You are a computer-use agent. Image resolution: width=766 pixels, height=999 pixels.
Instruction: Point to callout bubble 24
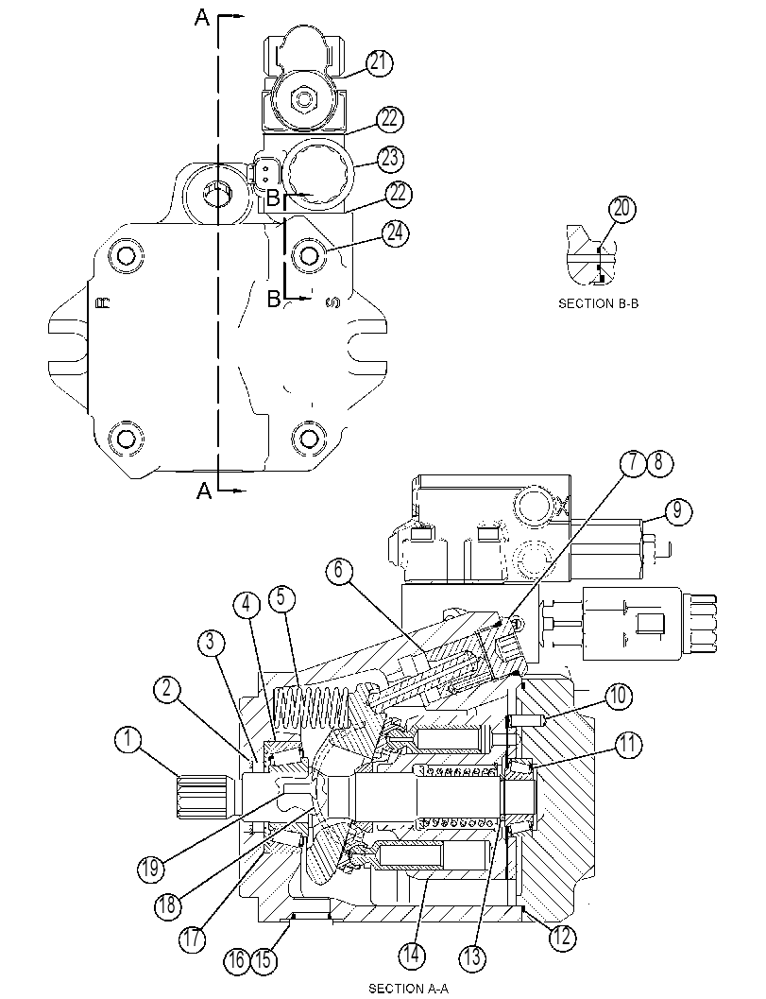click(x=395, y=233)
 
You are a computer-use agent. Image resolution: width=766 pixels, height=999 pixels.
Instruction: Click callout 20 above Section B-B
click(x=622, y=209)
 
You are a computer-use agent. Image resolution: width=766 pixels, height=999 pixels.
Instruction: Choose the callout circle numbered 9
click(x=676, y=510)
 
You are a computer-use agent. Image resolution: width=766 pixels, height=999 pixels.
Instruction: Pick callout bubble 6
click(x=338, y=570)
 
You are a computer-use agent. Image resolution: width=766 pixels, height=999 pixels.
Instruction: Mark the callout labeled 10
click(x=618, y=697)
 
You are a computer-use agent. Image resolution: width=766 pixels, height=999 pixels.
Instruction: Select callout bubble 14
click(x=412, y=955)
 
